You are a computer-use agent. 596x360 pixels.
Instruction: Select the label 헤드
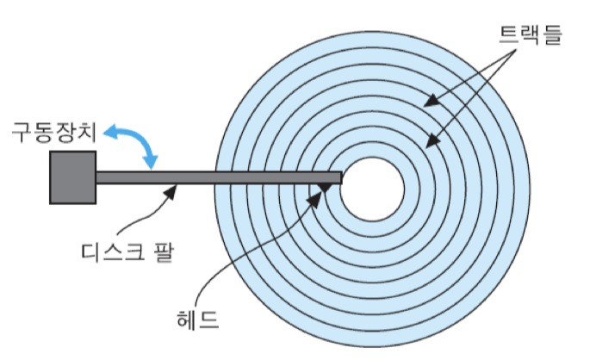[199, 321]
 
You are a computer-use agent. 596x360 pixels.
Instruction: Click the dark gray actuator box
[72, 177]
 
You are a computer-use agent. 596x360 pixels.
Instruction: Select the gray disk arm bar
[215, 177]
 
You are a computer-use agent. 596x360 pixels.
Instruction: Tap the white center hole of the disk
[372, 189]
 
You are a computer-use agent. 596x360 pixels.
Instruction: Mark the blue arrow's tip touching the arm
[154, 166]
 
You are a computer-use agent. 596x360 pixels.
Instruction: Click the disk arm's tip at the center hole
[338, 177]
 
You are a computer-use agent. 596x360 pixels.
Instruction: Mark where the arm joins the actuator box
[96, 177]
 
